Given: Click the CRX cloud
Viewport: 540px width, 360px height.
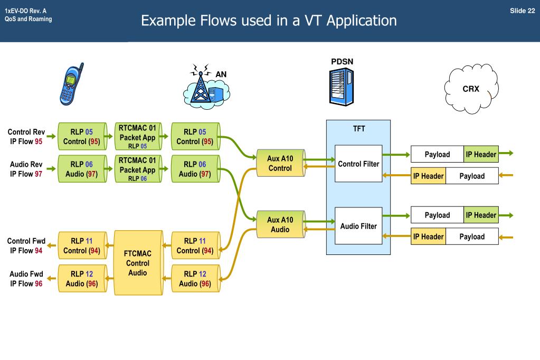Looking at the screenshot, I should [x=471, y=89].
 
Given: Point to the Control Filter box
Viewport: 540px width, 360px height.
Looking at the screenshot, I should [x=358, y=164].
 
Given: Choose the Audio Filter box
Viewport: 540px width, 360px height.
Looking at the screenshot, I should [x=358, y=226].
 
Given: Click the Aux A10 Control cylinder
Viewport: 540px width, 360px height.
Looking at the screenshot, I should [x=280, y=164].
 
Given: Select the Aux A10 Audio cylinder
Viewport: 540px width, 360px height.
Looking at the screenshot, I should [x=280, y=225].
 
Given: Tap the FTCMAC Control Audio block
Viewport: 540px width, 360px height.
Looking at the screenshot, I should [x=138, y=262].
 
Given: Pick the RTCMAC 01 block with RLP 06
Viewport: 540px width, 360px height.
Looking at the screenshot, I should [x=137, y=169].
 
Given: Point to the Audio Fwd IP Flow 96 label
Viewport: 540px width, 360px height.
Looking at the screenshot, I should [x=26, y=279].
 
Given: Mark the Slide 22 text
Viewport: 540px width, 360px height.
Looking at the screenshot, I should [x=522, y=11].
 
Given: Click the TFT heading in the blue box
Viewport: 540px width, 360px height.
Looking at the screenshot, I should [x=358, y=129].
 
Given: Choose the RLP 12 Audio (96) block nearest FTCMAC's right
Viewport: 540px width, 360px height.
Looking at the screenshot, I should [x=195, y=279].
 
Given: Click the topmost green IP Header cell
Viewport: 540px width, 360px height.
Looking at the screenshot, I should [x=481, y=154].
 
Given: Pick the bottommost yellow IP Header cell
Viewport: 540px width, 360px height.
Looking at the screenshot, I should [x=428, y=236].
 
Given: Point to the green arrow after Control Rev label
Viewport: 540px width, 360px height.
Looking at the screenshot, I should [x=51, y=137].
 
